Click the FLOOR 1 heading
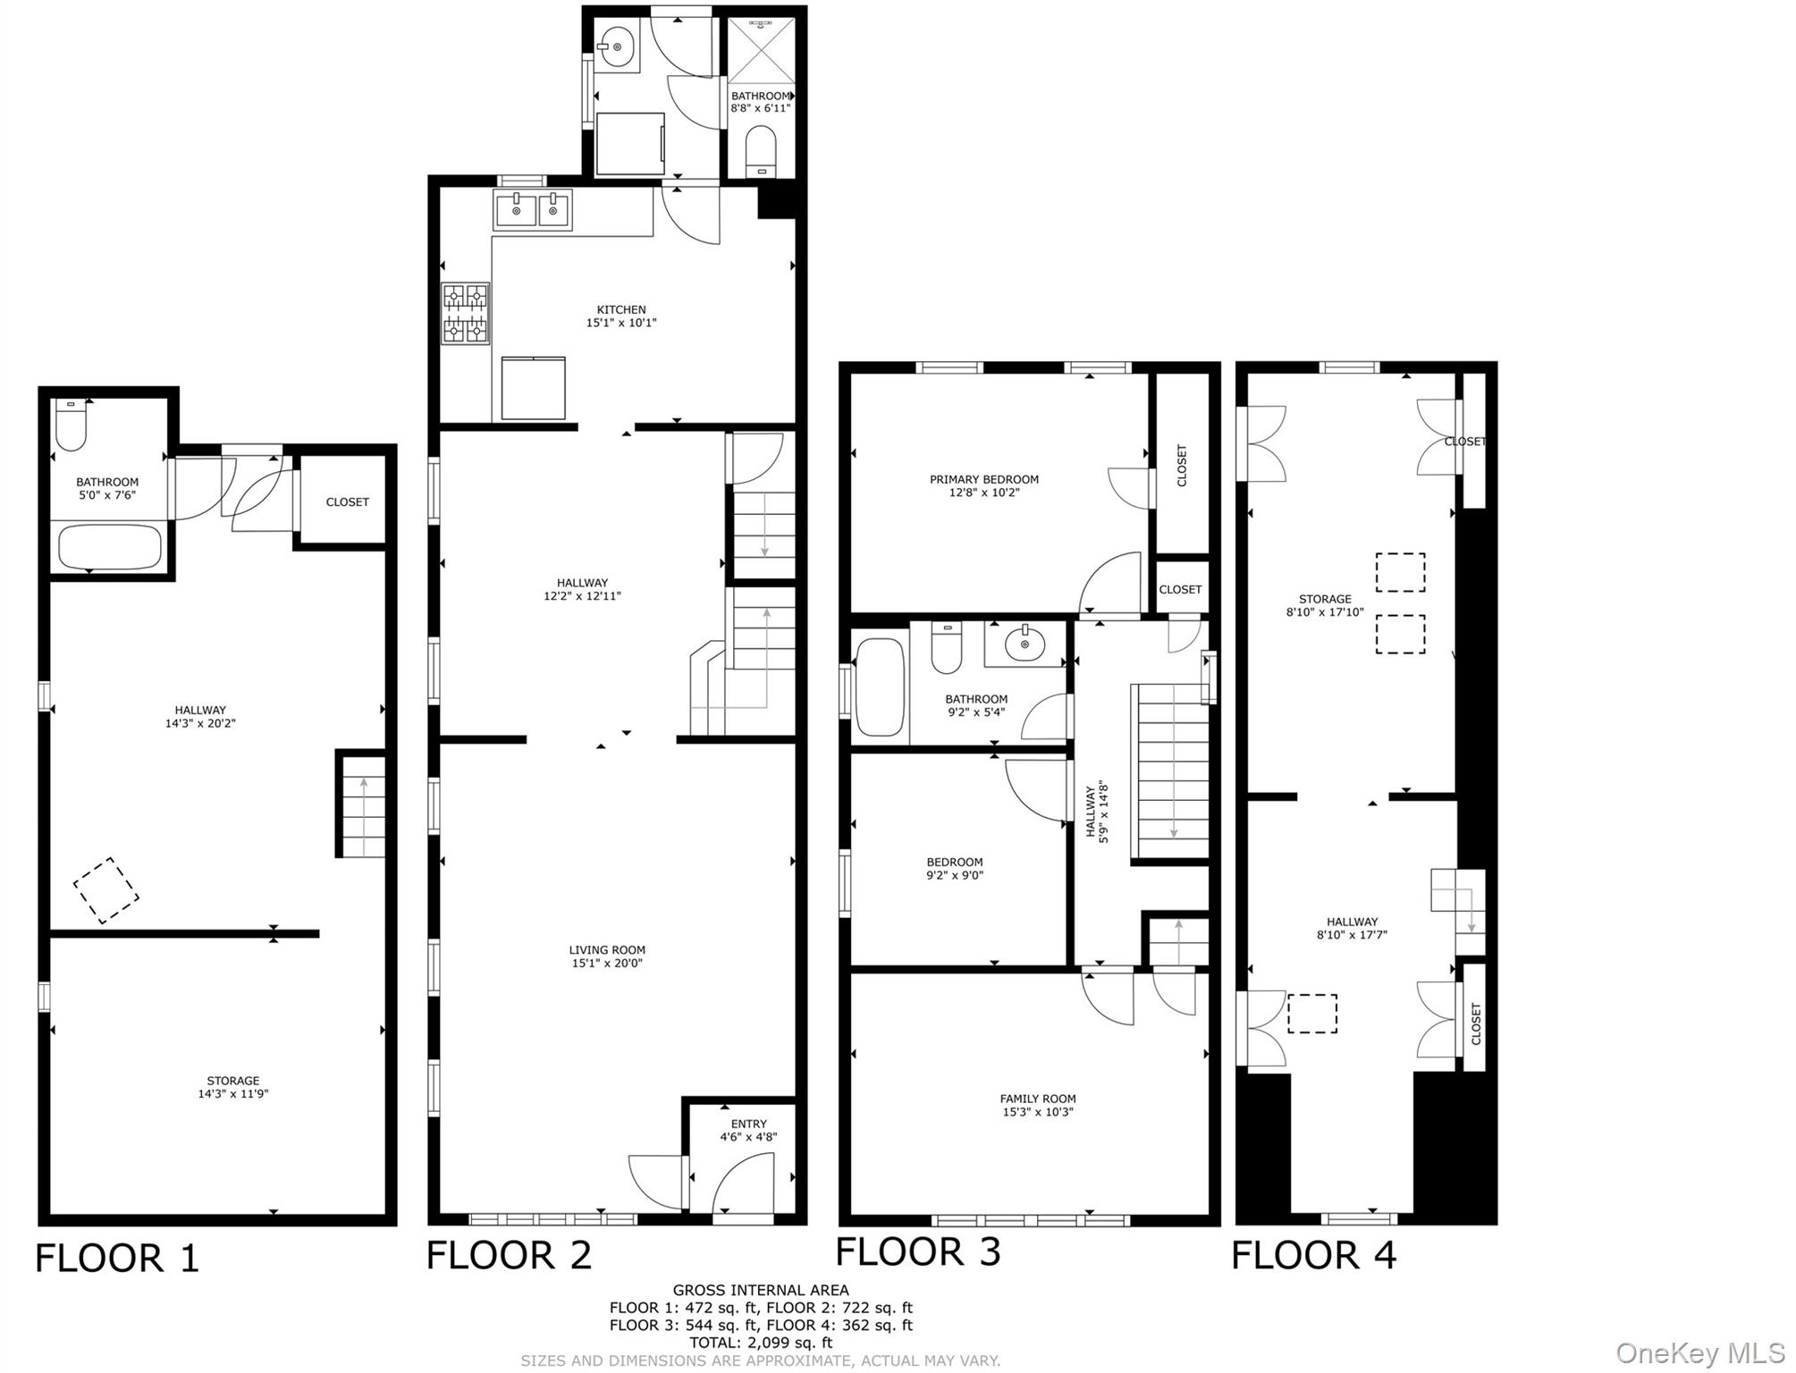(116, 1259)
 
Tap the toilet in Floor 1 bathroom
(70, 426)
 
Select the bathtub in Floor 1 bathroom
(109, 546)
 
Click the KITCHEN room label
(621, 316)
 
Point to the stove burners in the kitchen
(466, 313)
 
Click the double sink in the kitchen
(533, 211)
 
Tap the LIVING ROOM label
(607, 956)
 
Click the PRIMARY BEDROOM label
(983, 485)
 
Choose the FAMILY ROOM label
(1037, 1106)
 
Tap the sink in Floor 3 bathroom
(1024, 643)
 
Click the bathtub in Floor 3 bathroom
(880, 686)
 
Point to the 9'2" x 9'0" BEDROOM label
(954, 869)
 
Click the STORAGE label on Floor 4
(1325, 605)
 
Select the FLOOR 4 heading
(1313, 1255)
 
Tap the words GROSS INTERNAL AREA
(761, 1290)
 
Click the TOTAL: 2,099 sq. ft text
(761, 1342)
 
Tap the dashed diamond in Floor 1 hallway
(106, 890)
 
